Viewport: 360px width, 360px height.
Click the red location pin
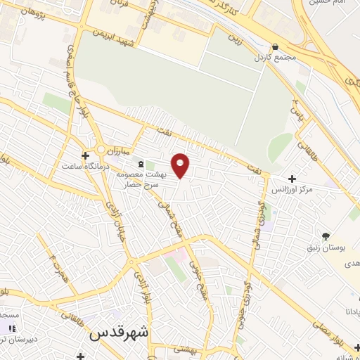(x=181, y=165)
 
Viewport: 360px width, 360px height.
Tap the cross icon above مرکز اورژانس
(x=292, y=179)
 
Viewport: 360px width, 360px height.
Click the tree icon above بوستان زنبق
(x=325, y=236)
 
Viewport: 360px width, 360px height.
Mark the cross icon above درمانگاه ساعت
(x=85, y=155)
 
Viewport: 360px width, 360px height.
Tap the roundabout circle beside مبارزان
(x=101, y=149)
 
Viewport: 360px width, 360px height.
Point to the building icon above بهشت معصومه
(x=139, y=163)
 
